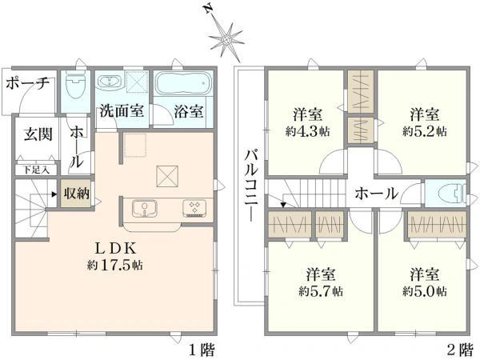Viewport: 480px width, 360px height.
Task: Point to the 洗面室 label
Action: pyautogui.click(x=121, y=112)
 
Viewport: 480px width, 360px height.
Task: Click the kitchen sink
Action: pyautogui.click(x=145, y=207)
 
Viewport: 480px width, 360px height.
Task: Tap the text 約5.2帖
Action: pyautogui.click(x=424, y=130)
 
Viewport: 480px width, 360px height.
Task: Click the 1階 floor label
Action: pyautogui.click(x=201, y=350)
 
